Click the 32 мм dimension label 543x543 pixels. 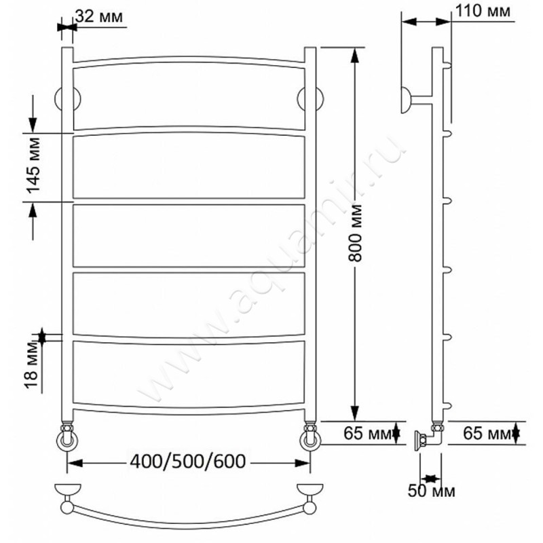[x=99, y=16]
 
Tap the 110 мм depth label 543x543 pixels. [x=483, y=11]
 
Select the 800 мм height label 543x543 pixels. [x=355, y=233]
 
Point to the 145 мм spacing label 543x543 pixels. [x=33, y=165]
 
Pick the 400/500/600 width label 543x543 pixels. [x=188, y=462]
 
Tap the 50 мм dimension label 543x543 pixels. [x=432, y=491]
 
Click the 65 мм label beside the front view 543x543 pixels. [x=367, y=433]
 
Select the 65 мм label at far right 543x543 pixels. [x=487, y=433]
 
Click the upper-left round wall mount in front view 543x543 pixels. [x=67, y=99]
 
